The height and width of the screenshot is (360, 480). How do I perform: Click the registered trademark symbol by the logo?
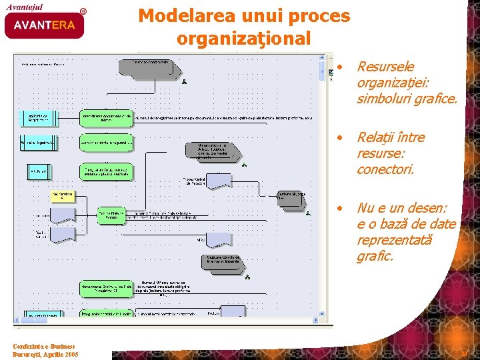tap(83, 11)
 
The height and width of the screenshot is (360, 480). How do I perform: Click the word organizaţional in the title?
tap(244, 39)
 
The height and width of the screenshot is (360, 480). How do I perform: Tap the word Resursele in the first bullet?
tap(385, 67)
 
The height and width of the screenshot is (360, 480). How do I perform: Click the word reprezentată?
tap(394, 240)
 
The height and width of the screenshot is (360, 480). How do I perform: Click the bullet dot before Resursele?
tap(340, 67)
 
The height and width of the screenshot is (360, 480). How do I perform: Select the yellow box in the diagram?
tap(63, 197)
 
